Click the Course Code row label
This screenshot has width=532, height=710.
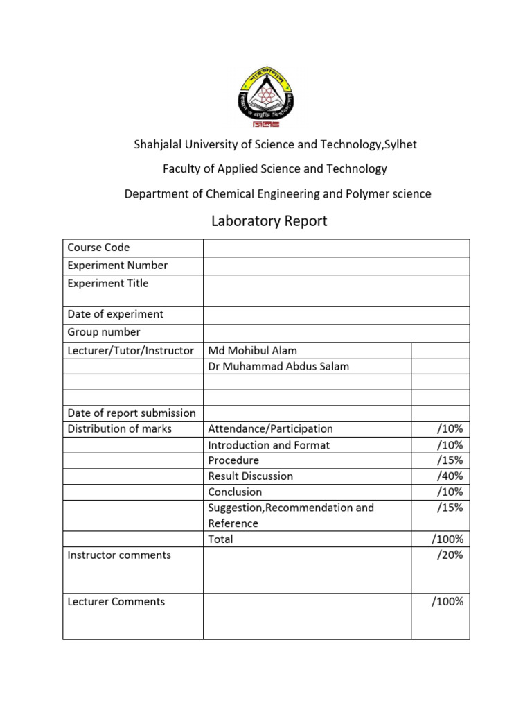(98, 248)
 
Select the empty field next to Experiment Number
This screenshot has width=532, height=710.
(336, 266)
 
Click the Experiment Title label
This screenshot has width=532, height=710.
(108, 283)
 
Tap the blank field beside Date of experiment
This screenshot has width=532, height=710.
(336, 315)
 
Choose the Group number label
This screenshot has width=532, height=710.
(104, 332)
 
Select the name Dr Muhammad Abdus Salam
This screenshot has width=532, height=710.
(278, 366)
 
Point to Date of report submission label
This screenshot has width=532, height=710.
(132, 413)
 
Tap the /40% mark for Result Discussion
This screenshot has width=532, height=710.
(450, 476)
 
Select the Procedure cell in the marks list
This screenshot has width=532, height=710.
(233, 460)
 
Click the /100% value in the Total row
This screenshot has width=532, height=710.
(447, 539)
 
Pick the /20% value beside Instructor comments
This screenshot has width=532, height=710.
(450, 555)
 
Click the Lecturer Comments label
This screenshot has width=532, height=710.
(116, 602)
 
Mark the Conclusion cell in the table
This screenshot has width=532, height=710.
(236, 492)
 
